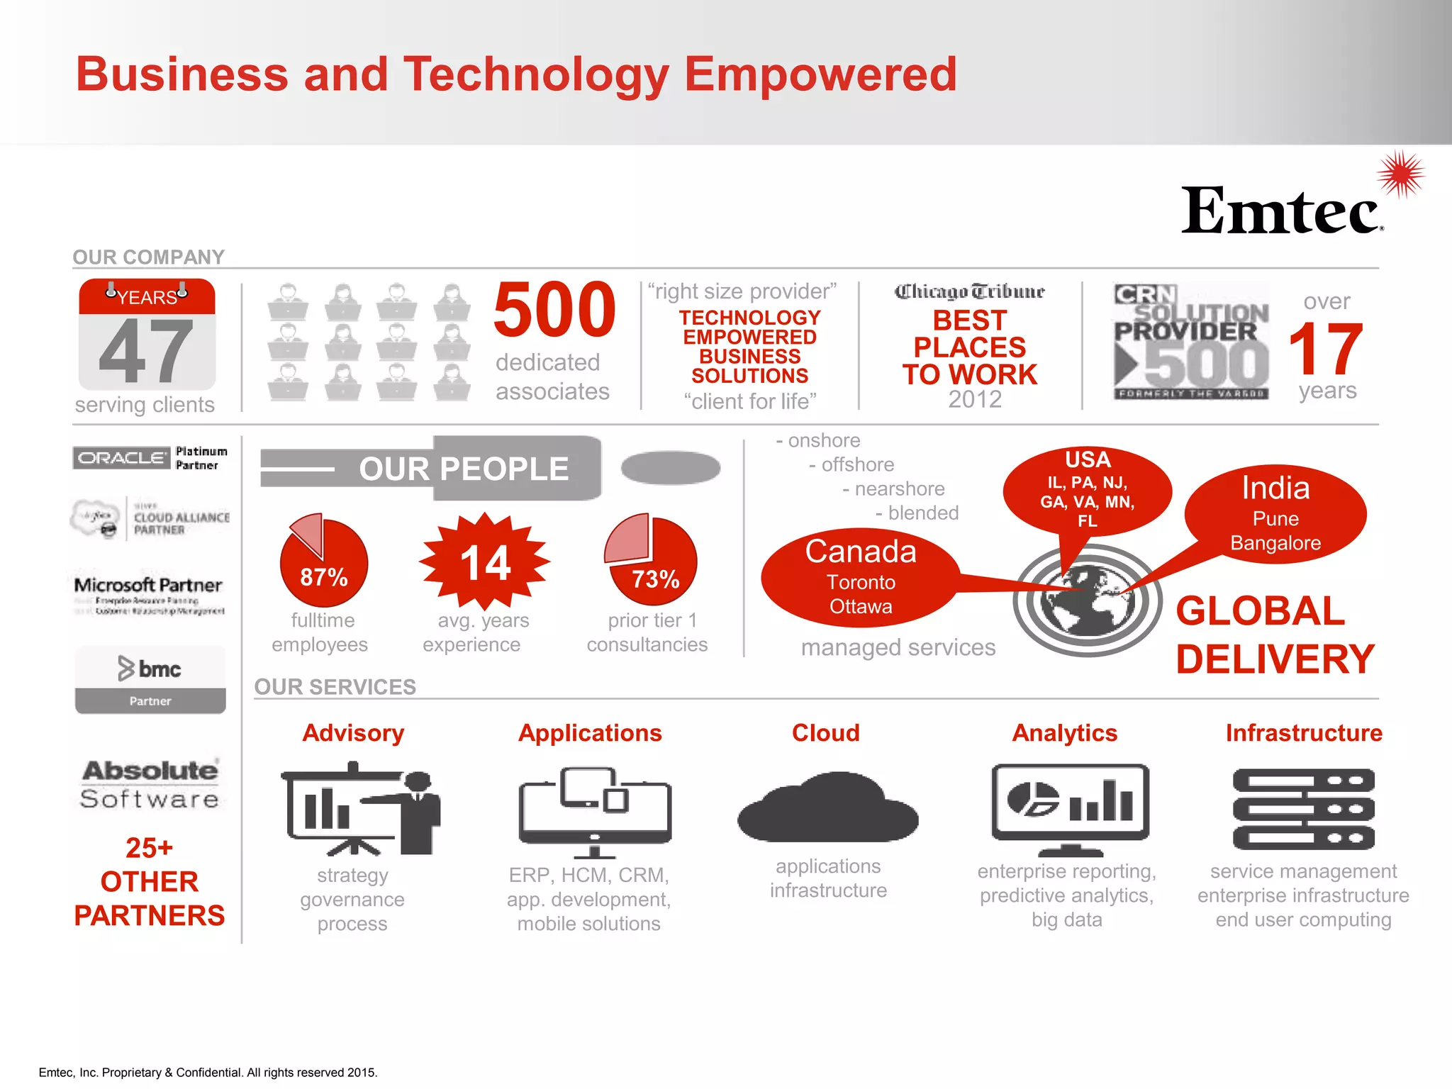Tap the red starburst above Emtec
click(x=1400, y=174)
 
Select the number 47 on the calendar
click(x=146, y=350)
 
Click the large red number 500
click(x=554, y=310)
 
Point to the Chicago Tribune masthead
click(x=969, y=291)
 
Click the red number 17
click(x=1325, y=349)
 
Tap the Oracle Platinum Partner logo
click(x=150, y=458)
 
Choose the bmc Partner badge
click(x=150, y=679)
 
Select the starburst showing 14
click(x=485, y=562)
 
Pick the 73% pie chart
click(x=651, y=561)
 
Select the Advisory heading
click(x=353, y=732)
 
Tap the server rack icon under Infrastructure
click(x=1303, y=808)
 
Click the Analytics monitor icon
click(x=1070, y=808)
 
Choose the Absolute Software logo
click(x=150, y=784)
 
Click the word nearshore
click(x=899, y=488)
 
